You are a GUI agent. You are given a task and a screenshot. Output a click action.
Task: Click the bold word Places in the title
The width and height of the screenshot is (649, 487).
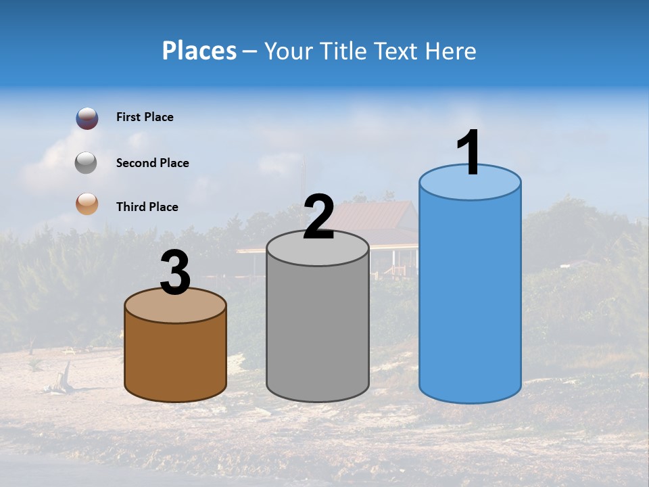[x=199, y=51]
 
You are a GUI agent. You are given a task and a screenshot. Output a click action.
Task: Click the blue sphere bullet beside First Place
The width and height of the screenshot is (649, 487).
[x=87, y=118]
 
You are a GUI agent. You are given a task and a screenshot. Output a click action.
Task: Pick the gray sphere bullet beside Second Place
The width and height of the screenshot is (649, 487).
[x=86, y=163]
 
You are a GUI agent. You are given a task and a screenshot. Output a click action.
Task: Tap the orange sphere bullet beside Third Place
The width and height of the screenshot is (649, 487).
[x=87, y=204]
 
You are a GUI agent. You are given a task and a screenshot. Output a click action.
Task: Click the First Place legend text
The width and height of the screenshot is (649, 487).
[x=145, y=117]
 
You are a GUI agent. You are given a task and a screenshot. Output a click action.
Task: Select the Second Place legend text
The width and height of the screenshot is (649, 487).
[x=152, y=163]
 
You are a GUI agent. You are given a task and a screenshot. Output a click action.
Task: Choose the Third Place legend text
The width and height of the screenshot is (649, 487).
[x=147, y=207]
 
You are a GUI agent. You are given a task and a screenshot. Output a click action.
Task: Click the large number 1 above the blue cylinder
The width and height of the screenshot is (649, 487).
[x=468, y=153]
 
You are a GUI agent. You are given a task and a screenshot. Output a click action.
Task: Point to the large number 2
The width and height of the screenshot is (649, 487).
[x=318, y=217]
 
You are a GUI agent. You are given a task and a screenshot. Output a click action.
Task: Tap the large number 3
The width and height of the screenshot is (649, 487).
[x=176, y=273]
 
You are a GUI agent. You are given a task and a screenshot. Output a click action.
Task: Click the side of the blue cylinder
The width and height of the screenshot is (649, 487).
[x=470, y=298]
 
